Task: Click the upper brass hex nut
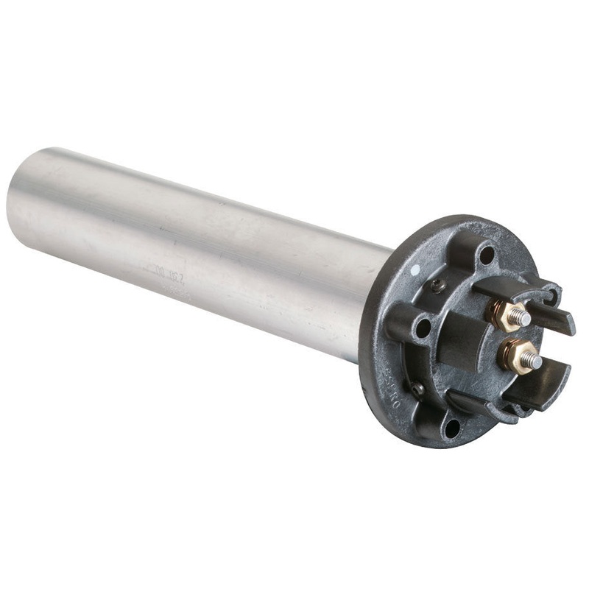click(507, 314)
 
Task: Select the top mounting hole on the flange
click(486, 255)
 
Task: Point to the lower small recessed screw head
click(418, 388)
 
